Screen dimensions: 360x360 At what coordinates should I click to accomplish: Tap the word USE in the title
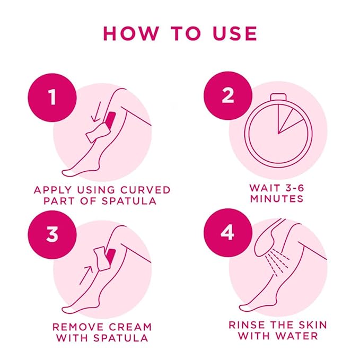[233, 33]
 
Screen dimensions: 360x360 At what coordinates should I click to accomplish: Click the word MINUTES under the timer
[278, 199]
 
